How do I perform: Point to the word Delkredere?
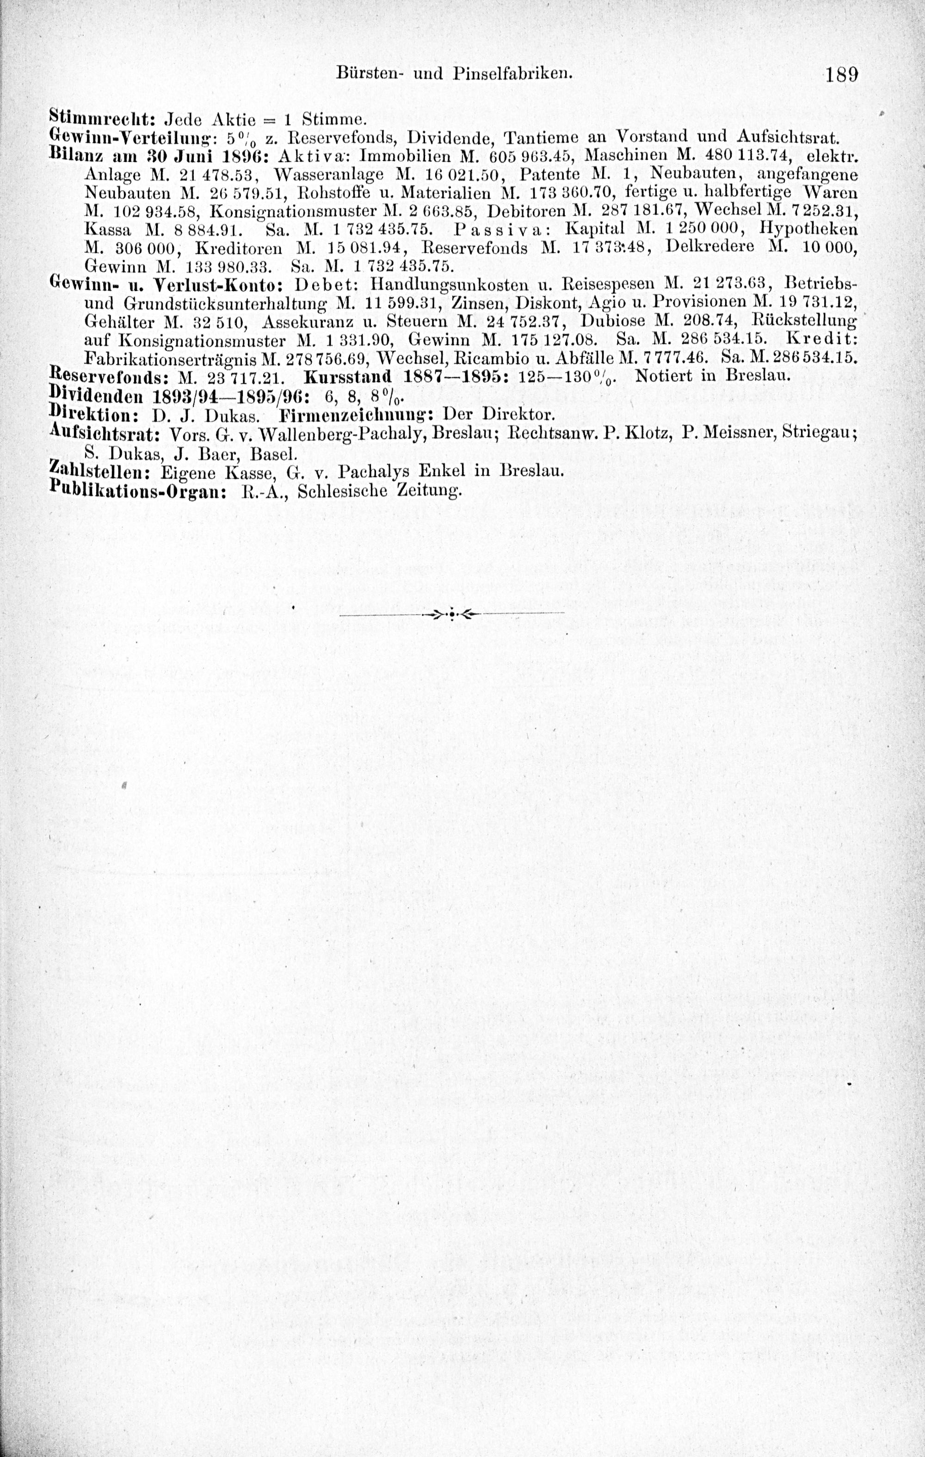point(710,247)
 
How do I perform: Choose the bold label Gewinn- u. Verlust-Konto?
point(163,283)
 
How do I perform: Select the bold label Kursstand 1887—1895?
point(403,376)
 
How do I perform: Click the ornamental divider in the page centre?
point(452,614)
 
